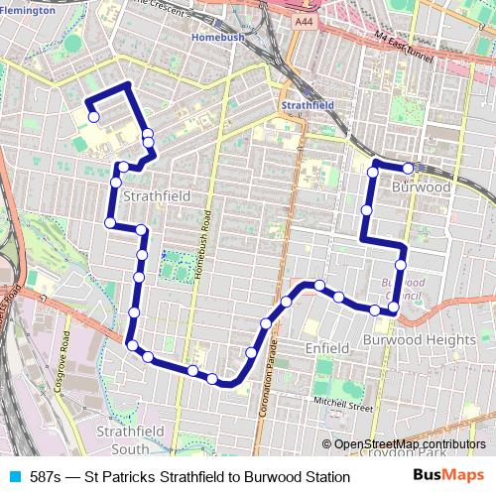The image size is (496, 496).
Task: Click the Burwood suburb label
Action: click(422, 186)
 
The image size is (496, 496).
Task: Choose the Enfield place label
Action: click(326, 349)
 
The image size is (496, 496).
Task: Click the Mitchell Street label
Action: click(342, 405)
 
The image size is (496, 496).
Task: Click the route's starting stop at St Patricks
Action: click(93, 117)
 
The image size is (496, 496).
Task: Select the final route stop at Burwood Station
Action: click(408, 168)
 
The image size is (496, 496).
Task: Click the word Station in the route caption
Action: click(326, 477)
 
